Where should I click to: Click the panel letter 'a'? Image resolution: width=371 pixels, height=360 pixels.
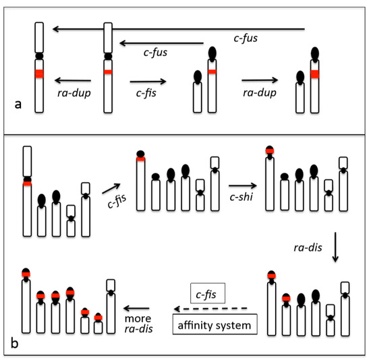[18, 104]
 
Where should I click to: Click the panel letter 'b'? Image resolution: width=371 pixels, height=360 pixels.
[14, 342]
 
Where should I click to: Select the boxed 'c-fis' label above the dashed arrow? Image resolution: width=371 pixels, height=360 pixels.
[208, 293]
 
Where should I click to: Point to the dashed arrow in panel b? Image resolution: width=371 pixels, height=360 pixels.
[210, 309]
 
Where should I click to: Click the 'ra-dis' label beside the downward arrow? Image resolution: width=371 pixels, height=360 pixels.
[308, 247]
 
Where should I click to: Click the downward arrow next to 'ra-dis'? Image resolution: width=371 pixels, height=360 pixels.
[335, 247]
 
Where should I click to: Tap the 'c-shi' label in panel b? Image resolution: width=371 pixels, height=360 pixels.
[241, 197]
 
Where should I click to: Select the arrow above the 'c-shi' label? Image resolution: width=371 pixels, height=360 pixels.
[243, 185]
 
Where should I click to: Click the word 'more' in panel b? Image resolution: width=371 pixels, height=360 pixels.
[138, 319]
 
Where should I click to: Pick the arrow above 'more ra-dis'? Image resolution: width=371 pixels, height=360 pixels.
[136, 308]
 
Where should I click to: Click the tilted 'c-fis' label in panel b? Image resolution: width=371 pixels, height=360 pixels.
[117, 202]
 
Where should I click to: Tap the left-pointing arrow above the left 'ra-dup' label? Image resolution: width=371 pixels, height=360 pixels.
[73, 80]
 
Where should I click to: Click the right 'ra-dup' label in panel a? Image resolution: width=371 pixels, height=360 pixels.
[260, 92]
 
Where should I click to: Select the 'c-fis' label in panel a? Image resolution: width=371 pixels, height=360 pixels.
[146, 93]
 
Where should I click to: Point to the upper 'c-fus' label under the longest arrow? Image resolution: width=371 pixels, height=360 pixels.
[246, 38]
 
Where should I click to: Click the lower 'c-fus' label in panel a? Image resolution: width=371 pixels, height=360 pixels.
[155, 53]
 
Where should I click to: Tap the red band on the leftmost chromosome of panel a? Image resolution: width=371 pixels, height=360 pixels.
[39, 73]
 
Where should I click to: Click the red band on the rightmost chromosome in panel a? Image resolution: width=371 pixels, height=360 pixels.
[315, 74]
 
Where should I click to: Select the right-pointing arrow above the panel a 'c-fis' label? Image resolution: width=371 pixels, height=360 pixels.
[148, 82]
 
